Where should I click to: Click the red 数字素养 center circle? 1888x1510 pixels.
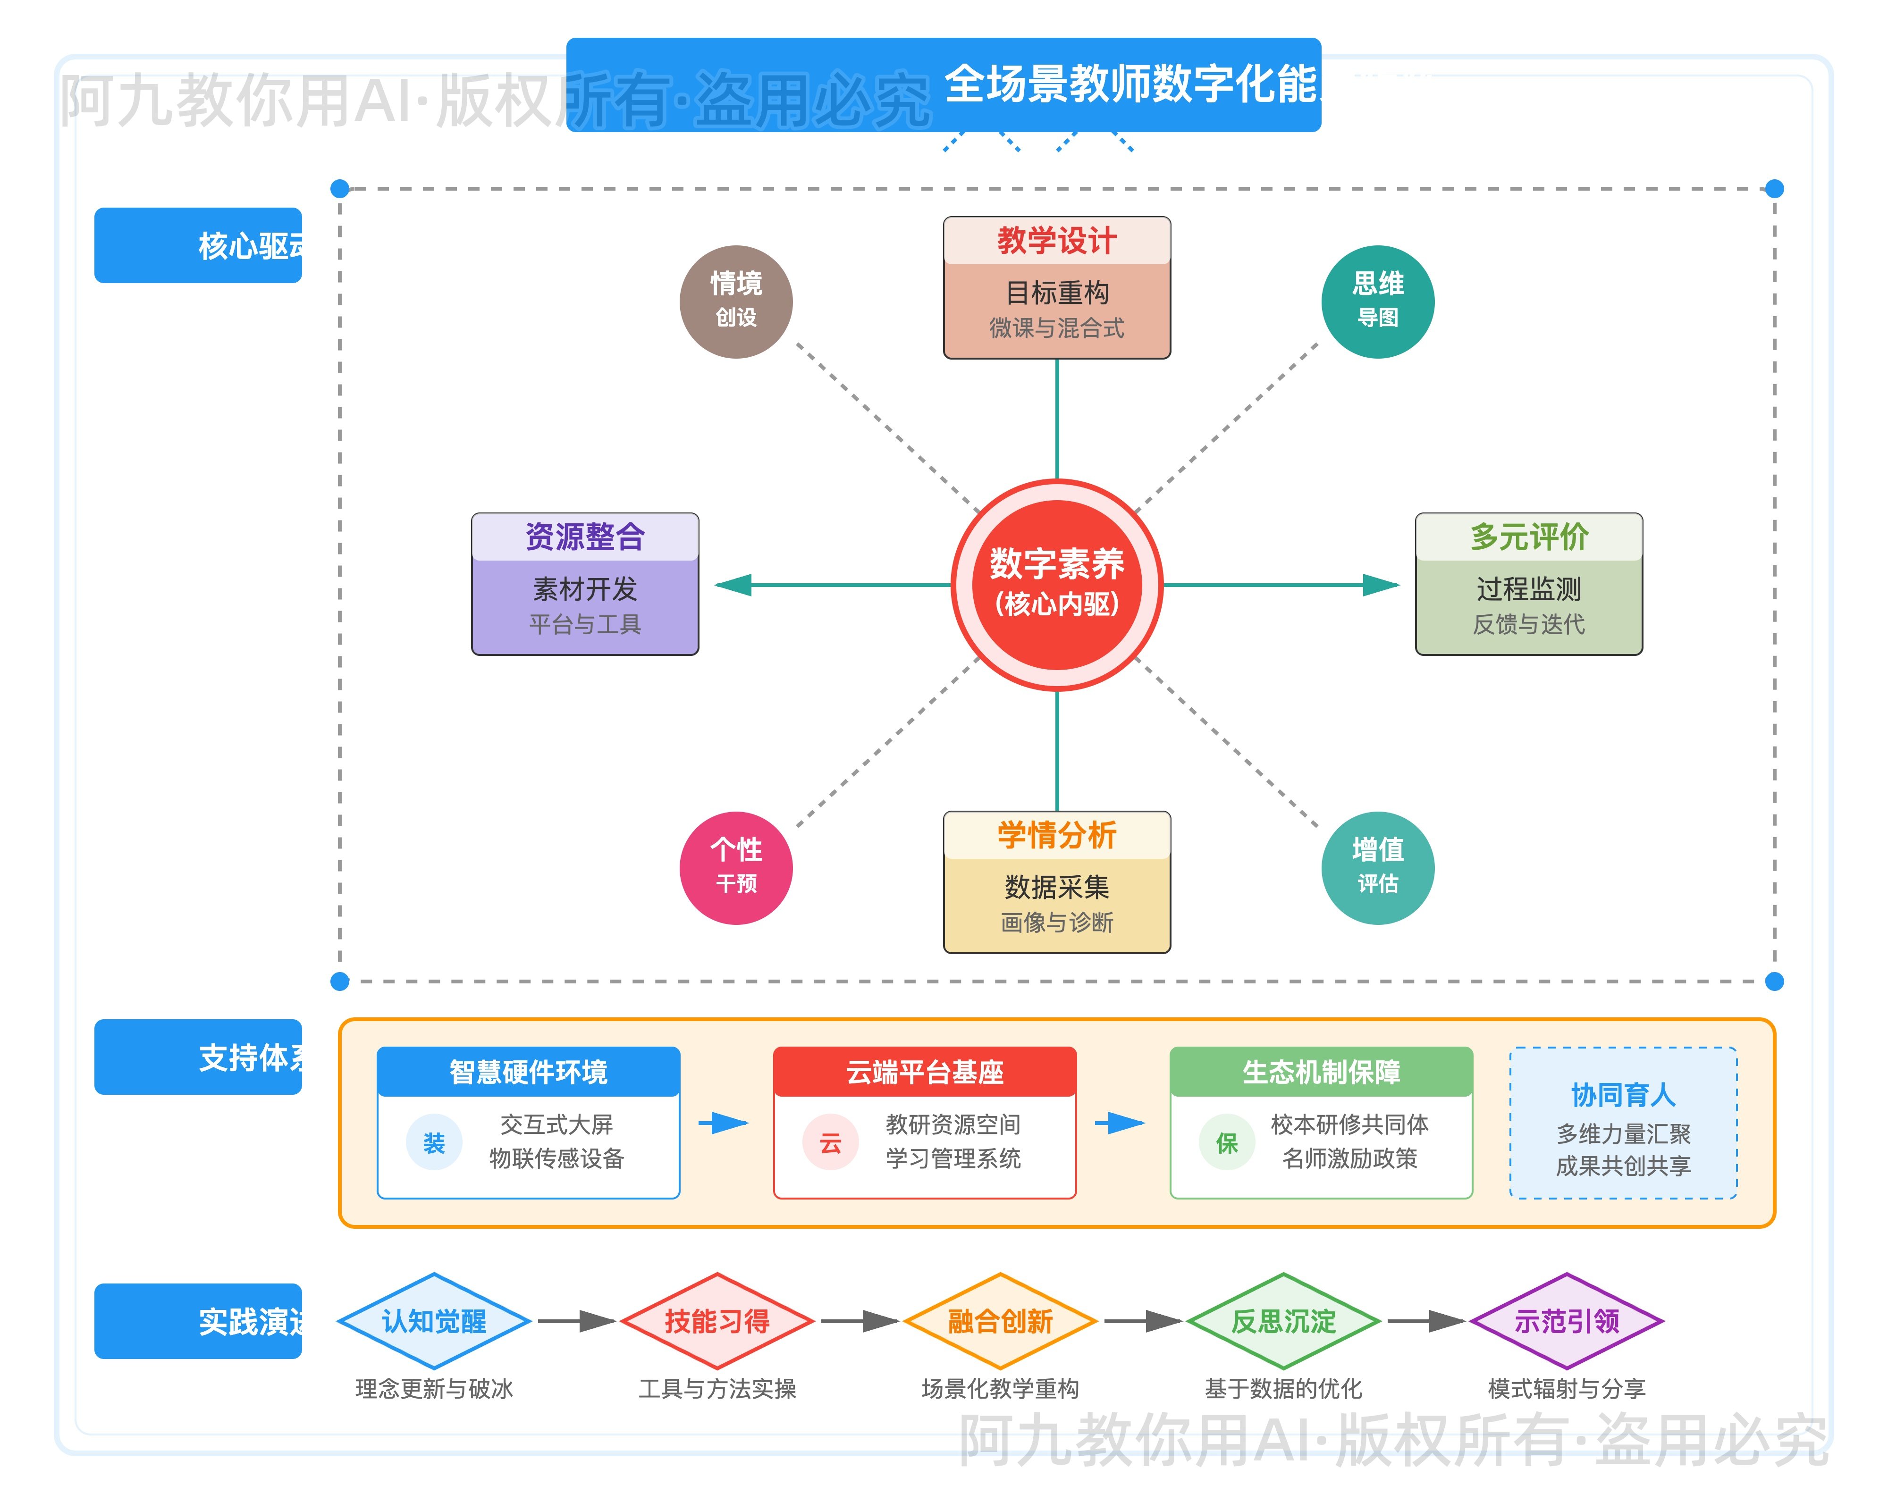[1057, 585]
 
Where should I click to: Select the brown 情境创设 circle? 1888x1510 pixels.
[735, 301]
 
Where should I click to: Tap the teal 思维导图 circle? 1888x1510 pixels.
[1377, 301]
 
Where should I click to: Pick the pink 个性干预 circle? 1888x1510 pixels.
[735, 867]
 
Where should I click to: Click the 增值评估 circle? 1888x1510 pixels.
[1377, 867]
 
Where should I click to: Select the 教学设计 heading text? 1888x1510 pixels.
[1057, 241]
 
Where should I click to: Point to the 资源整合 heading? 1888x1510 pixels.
[585, 537]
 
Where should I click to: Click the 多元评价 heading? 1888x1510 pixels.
[1529, 537]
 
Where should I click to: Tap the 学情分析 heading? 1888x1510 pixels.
[1057, 835]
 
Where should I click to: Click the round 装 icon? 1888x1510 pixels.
[433, 1142]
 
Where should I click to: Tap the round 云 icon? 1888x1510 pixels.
[830, 1142]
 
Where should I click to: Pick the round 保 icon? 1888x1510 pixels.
[1227, 1142]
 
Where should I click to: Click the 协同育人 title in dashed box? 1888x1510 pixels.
[1623, 1094]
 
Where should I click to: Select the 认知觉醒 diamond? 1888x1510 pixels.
[433, 1321]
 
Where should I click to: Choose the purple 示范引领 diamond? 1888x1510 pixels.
[1567, 1321]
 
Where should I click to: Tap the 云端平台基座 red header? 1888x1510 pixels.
[925, 1072]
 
